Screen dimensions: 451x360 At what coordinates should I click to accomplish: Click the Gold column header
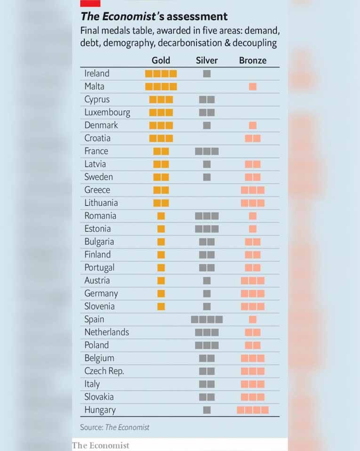tap(161, 60)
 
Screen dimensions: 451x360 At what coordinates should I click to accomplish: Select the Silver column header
tap(207, 60)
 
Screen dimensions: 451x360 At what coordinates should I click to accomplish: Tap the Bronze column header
tap(253, 60)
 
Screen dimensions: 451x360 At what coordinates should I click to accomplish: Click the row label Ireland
tap(97, 73)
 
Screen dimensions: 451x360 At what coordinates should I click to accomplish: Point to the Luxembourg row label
tap(107, 113)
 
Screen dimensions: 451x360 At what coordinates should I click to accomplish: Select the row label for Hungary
tap(100, 410)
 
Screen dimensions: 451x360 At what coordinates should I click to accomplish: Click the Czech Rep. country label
tap(104, 371)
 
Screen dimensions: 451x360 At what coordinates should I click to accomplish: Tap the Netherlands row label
tap(106, 332)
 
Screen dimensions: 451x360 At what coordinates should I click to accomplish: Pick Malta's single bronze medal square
tap(253, 87)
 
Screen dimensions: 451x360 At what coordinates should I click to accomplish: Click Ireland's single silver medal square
tap(207, 73)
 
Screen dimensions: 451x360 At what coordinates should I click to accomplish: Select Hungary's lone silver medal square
tap(207, 410)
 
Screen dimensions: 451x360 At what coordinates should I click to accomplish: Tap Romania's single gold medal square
tap(161, 216)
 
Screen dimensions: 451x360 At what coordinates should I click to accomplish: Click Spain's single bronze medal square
tap(253, 320)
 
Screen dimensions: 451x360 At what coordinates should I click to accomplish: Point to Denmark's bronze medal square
tap(253, 125)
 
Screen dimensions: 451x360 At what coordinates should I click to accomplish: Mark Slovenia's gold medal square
tap(161, 306)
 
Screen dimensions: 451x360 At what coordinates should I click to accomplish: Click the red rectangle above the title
tap(90, 3)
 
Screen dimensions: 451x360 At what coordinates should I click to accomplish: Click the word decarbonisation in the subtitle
tap(187, 43)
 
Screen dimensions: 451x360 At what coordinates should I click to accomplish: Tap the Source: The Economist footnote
tap(115, 427)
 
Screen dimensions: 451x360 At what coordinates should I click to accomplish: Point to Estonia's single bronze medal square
tap(253, 229)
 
